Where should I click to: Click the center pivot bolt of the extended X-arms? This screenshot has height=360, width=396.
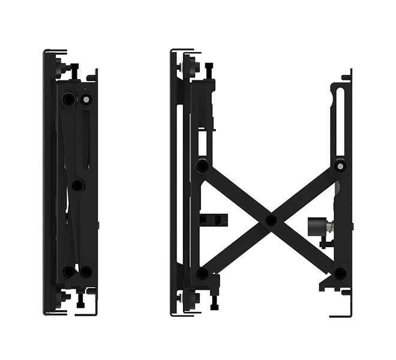click(271, 220)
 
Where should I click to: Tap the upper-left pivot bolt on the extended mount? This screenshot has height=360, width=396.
click(203, 166)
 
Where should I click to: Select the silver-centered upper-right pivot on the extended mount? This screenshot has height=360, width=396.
click(340, 165)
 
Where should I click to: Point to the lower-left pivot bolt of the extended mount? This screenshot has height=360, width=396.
click(202, 274)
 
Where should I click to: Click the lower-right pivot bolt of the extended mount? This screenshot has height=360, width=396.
click(340, 274)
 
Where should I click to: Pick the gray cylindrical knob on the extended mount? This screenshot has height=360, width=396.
click(316, 227)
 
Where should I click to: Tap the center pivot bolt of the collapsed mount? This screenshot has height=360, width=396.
click(77, 185)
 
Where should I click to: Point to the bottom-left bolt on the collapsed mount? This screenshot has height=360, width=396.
click(68, 271)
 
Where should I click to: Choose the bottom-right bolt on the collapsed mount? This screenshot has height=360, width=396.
click(86, 271)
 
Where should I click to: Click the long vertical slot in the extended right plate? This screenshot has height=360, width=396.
click(340, 123)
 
